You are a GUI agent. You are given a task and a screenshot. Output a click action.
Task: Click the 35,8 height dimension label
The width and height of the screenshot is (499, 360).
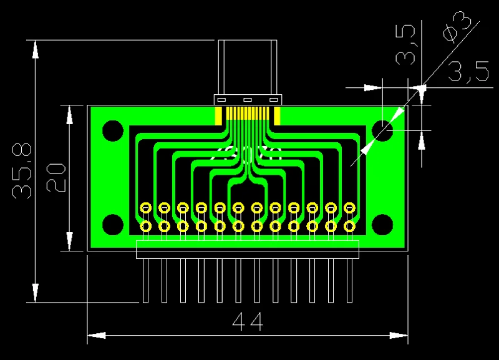[x=22, y=171]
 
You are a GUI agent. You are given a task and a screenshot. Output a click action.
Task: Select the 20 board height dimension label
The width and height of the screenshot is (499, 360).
[x=56, y=178]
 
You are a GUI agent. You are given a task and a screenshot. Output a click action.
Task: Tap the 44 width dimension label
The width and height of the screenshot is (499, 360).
[x=248, y=321]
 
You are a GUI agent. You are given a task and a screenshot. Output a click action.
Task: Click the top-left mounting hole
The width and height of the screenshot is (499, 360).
[x=113, y=130]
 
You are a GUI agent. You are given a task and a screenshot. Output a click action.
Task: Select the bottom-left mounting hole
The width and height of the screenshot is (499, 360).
[x=113, y=225]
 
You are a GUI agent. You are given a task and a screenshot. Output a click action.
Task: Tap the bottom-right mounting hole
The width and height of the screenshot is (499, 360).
[x=382, y=225]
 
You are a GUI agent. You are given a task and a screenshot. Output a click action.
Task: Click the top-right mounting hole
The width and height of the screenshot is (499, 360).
[x=382, y=130]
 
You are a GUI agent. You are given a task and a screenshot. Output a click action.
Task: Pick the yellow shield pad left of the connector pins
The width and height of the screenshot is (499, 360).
[x=218, y=116]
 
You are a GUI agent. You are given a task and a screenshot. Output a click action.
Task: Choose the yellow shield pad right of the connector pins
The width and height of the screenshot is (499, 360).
[x=277, y=116]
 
